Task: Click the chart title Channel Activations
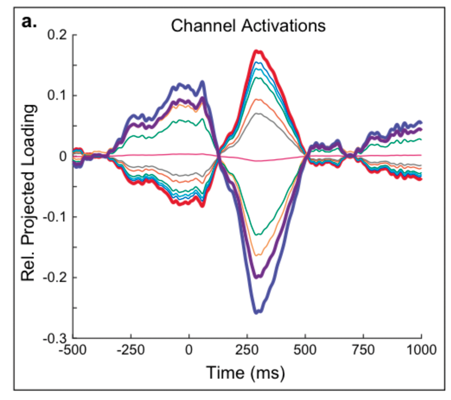pos(248,26)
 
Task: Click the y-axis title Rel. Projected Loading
pos(28,193)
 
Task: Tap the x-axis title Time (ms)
pos(245,373)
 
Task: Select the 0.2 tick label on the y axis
pos(57,35)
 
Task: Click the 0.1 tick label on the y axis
pos(57,95)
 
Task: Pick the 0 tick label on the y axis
pos(63,156)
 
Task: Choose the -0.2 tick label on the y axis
pos(55,277)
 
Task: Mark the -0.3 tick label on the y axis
pos(55,338)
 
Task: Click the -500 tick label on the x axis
pos(73,350)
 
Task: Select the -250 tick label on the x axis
pos(131,350)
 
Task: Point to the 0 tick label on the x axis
pos(189,350)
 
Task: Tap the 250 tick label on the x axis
pos(247,350)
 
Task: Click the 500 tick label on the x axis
pos(305,350)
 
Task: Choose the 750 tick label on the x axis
pos(363,350)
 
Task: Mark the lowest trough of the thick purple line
pos(257,277)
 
